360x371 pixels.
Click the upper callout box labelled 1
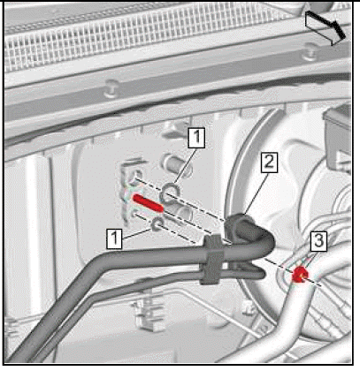(196, 138)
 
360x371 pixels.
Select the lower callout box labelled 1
(115, 238)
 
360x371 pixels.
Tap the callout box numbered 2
(269, 163)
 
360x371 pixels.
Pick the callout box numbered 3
(318, 241)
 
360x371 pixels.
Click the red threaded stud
(148, 203)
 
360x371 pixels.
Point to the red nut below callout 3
(301, 275)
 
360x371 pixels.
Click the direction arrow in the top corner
(326, 28)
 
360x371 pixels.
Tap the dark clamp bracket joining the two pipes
(212, 259)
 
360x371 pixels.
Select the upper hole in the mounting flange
(135, 176)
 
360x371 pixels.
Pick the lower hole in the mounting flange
(134, 214)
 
